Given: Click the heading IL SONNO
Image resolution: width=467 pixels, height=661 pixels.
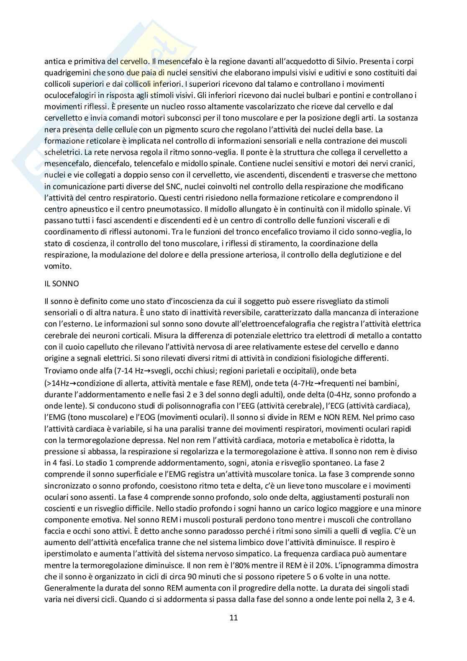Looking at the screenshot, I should (62, 284).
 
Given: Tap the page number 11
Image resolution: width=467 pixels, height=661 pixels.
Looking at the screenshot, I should (233, 617).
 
